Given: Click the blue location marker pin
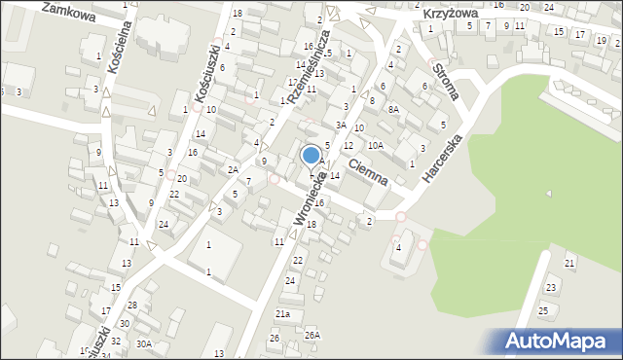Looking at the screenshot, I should pos(311,156).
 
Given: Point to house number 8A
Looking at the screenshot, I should pos(393,109).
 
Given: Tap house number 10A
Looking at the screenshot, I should pos(375,145).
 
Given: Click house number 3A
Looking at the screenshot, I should pos(341,125).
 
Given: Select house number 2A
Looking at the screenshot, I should pos(234,169).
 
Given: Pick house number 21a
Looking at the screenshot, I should pos(282,314).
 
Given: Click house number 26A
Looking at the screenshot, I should pos(311,335).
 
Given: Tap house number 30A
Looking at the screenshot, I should pos(144,343).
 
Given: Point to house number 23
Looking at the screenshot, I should pos(551,287).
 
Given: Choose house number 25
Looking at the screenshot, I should pos(543,310).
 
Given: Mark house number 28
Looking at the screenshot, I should pos(132,306).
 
